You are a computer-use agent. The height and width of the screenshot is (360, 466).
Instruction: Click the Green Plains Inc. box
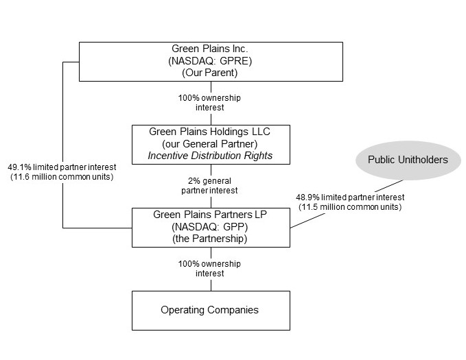click(x=211, y=62)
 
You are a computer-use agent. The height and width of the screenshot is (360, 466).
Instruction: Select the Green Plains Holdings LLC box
click(x=211, y=143)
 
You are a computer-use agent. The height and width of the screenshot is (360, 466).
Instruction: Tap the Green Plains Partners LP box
click(x=211, y=228)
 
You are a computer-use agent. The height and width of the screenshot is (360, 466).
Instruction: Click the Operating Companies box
click(x=210, y=310)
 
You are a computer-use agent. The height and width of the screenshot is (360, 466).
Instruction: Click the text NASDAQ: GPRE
click(x=211, y=62)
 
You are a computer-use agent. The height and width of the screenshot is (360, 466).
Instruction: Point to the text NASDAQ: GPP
click(x=210, y=228)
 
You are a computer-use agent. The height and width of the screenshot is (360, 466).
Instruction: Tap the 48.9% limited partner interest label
click(x=350, y=197)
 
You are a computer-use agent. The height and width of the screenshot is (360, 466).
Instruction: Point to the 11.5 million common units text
click(x=351, y=206)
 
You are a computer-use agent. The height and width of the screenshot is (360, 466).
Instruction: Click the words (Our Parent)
click(x=211, y=73)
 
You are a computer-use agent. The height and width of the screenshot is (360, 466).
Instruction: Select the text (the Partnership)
click(x=210, y=239)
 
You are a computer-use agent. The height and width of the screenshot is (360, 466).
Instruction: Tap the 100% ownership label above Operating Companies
click(x=210, y=268)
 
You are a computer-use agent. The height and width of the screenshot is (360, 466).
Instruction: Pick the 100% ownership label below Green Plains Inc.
click(x=210, y=103)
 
